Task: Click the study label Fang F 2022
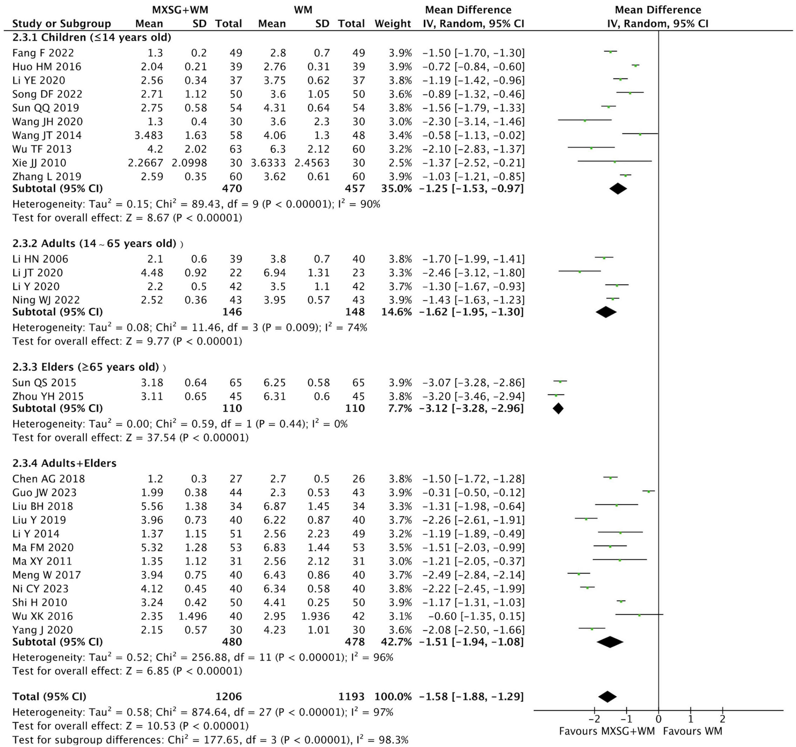click(43, 53)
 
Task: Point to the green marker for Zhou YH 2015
click(556, 395)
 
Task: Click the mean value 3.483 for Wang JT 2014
click(149, 135)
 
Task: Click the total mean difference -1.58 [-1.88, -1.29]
click(471, 697)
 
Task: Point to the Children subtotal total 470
click(232, 188)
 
